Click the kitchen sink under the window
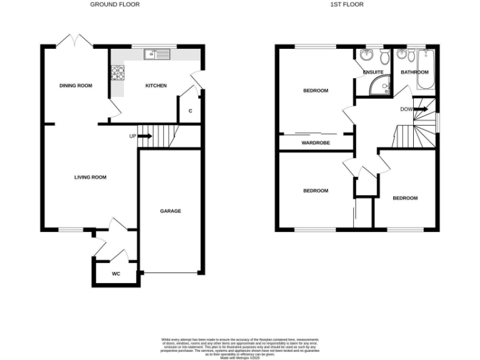coord(157,55)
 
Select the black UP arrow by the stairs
coord(144,136)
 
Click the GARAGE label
coord(170,211)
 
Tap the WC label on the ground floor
coord(116,274)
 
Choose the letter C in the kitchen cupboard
coord(190,111)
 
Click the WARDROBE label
coord(316,142)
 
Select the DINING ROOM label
coord(76,86)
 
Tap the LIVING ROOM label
coord(91,177)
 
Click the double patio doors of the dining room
coord(75,42)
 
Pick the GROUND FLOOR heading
coord(115,4)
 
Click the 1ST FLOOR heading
coord(347,4)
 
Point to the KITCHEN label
coord(156,86)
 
